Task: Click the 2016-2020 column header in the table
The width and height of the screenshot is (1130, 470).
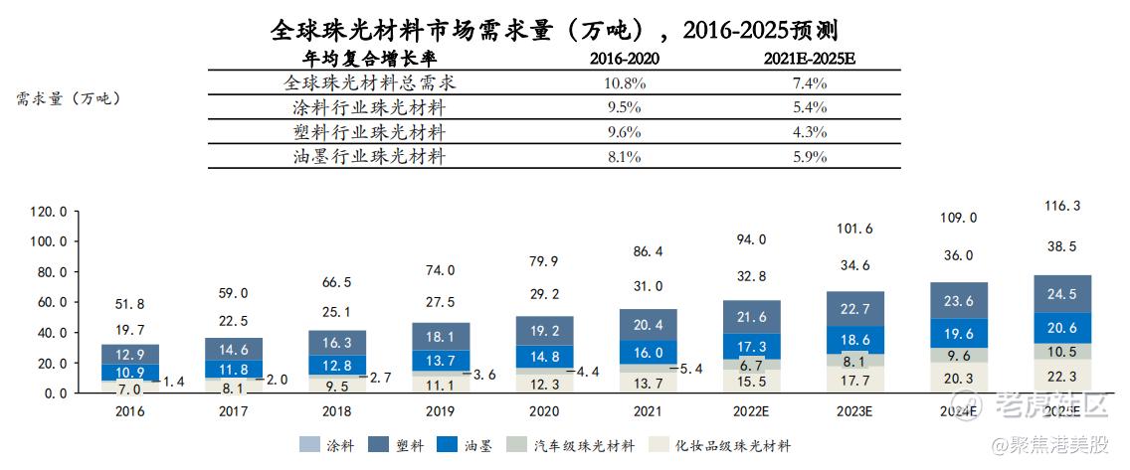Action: point(624,59)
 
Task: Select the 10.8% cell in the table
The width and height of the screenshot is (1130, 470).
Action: point(624,83)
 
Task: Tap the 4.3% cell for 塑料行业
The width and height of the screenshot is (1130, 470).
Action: point(809,132)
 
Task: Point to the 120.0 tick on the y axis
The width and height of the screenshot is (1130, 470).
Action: point(50,212)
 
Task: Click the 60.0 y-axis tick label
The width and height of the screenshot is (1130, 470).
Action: point(50,302)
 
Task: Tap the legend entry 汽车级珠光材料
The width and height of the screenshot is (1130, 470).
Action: point(571,446)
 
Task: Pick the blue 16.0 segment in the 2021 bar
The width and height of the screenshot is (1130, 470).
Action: point(647,352)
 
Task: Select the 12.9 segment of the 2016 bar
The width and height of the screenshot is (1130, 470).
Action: point(130,355)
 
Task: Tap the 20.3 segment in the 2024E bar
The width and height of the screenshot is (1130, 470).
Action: point(958,377)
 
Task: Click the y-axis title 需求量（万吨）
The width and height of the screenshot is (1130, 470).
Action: point(68,97)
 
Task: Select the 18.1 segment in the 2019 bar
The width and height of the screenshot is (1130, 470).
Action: point(439,336)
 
